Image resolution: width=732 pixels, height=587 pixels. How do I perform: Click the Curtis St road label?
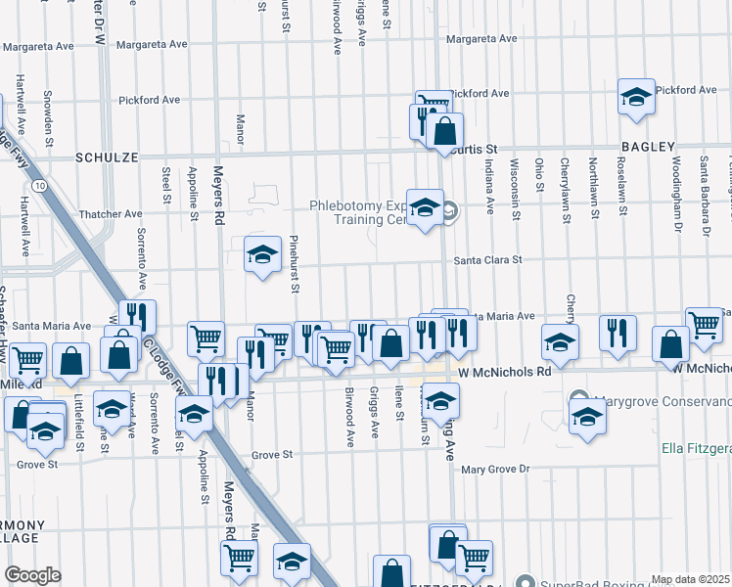[x=478, y=149]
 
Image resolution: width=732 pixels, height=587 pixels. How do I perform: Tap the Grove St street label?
[x=272, y=455]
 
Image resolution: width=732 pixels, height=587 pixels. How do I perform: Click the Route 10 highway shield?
[x=36, y=184]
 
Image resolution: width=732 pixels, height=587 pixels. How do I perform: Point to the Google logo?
[x=32, y=575]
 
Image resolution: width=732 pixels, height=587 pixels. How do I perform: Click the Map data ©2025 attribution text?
[x=690, y=579]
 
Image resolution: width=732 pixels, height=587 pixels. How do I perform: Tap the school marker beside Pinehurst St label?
[x=262, y=255]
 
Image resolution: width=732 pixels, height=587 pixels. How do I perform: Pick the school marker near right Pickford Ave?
[x=636, y=97]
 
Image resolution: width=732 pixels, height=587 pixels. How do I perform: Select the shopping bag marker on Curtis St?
[x=444, y=131]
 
